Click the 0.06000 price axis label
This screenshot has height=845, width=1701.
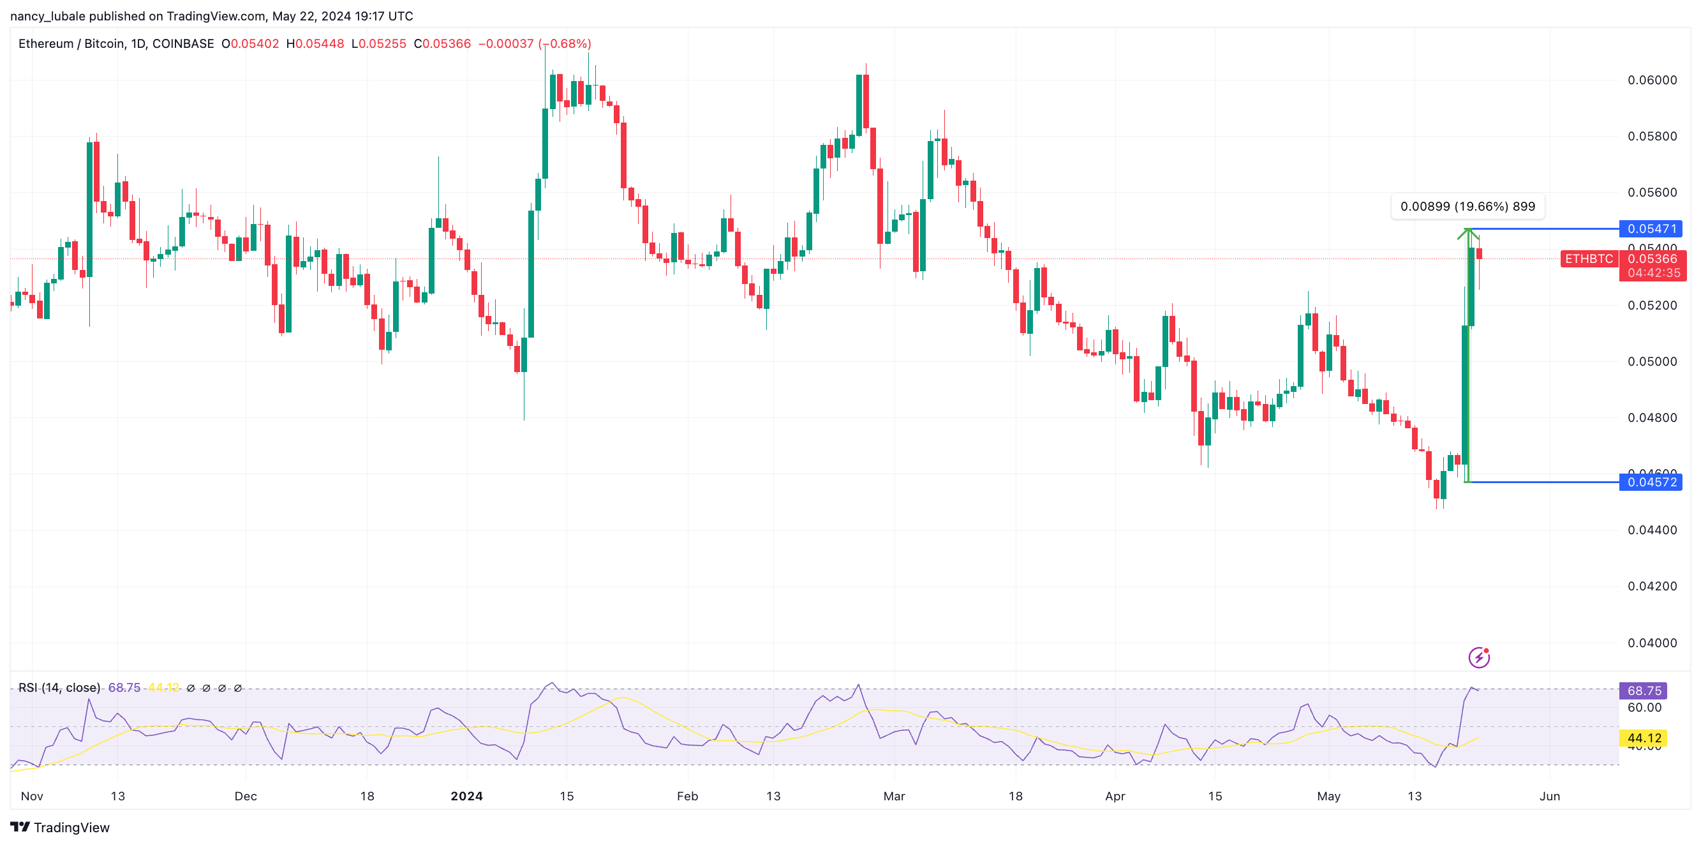tap(1651, 80)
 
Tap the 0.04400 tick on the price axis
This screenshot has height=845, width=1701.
tap(1651, 530)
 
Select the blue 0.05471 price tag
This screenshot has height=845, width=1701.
tap(1650, 228)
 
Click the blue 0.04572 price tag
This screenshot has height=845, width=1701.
tap(1650, 482)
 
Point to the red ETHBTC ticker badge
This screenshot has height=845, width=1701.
tap(1588, 259)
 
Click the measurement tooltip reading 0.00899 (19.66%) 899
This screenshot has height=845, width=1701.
tap(1467, 206)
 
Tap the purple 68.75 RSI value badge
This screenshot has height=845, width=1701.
tap(1643, 691)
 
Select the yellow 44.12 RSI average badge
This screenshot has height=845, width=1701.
tap(1643, 738)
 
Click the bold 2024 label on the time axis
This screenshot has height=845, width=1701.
tap(466, 796)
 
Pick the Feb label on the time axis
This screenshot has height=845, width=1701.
tap(687, 796)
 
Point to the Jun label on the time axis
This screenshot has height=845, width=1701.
tap(1549, 796)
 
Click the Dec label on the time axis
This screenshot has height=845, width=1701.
tap(246, 796)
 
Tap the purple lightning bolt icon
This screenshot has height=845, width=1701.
tap(1478, 657)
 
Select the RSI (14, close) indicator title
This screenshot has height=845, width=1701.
tap(59, 688)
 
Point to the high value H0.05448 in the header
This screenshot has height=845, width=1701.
tap(315, 43)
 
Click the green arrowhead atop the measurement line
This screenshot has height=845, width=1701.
tap(1468, 232)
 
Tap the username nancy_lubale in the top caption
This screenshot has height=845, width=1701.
tap(48, 16)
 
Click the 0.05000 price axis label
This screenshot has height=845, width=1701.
tap(1651, 361)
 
